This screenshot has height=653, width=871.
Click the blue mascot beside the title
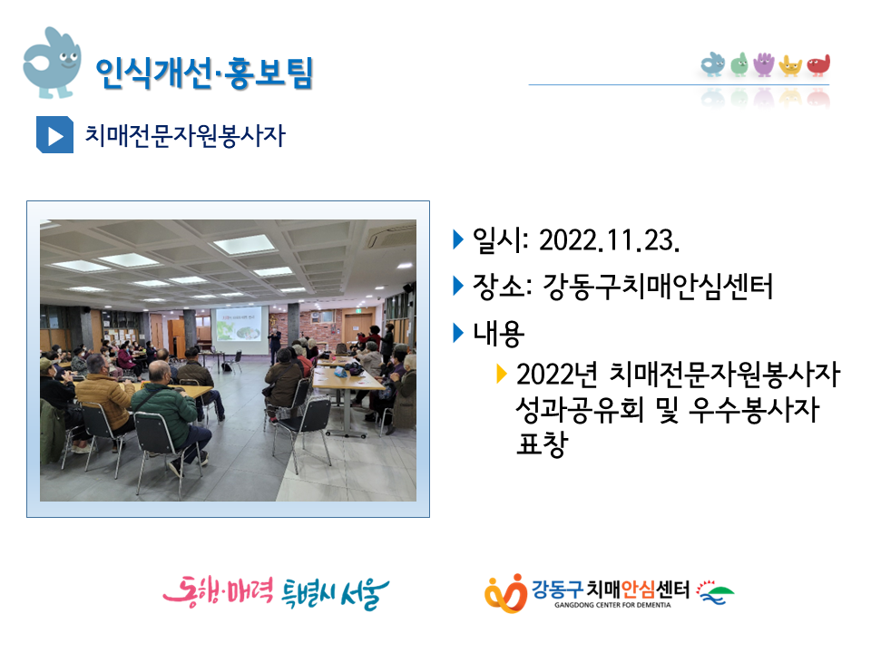point(52,63)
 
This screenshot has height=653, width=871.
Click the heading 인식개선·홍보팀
point(204,73)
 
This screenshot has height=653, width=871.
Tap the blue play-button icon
point(54,134)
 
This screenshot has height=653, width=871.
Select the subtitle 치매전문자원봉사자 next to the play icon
point(185,135)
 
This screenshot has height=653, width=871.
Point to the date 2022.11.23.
point(610,241)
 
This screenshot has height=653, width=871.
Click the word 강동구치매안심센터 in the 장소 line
point(658,288)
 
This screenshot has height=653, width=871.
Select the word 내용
point(498,334)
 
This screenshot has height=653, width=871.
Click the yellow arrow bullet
point(502,374)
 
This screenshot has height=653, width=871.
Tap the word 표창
point(543,443)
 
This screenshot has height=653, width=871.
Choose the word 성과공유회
point(580,410)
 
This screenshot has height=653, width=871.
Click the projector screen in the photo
point(239,330)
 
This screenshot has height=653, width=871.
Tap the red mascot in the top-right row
point(818,65)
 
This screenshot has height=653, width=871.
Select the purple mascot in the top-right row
point(764,64)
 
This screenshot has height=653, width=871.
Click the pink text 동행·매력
point(218,591)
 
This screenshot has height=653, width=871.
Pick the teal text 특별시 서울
point(336,593)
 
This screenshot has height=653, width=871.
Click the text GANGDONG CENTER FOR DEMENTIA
point(612,605)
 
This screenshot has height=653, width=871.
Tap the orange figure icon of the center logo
point(505,593)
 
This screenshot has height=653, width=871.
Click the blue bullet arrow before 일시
point(458,239)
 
